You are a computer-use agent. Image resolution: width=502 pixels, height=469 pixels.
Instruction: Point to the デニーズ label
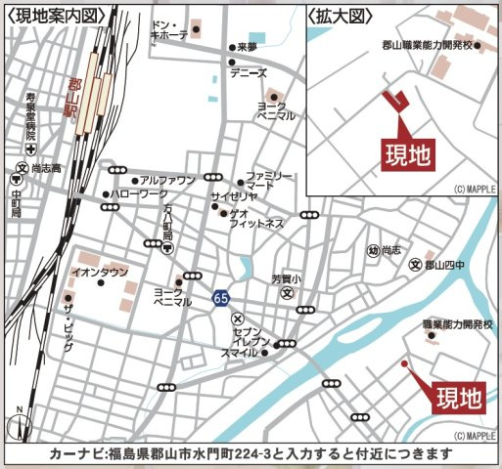click(248, 72)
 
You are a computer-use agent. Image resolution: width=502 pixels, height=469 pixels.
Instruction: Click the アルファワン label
click(167, 181)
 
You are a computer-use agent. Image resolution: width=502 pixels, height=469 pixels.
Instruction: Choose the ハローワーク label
click(139, 195)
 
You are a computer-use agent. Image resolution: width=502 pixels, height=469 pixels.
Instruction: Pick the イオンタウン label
click(100, 273)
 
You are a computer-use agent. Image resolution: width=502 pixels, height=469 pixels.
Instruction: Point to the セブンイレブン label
click(240, 336)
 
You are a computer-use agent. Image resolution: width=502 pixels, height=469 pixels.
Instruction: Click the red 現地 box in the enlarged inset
click(405, 153)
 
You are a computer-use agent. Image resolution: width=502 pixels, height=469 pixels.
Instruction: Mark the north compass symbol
click(18, 423)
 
